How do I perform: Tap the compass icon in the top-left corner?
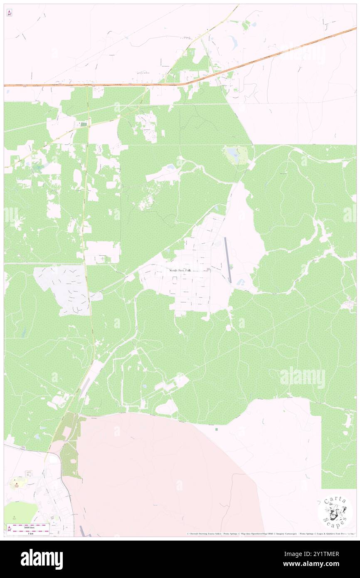[x=9, y=12]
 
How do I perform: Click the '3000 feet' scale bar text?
[x=29, y=527]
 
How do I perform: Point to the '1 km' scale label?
[x=29, y=533]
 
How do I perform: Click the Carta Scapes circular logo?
[x=335, y=512]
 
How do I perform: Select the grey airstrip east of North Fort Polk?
[x=227, y=260]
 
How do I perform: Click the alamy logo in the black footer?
[x=42, y=559]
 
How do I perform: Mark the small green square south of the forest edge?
[x=216, y=429]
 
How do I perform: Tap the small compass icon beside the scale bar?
[x=9, y=529]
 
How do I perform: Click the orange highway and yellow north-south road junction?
[x=87, y=86]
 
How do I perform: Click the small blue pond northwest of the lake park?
[x=170, y=167]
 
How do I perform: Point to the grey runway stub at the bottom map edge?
[x=81, y=533]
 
